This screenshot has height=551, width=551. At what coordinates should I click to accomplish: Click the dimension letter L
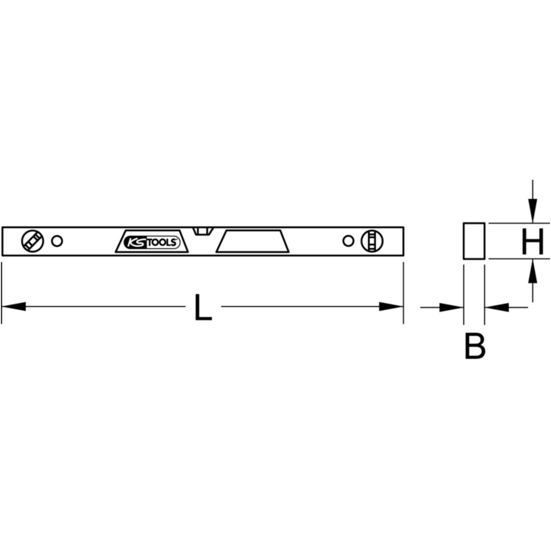pyautogui.click(x=203, y=307)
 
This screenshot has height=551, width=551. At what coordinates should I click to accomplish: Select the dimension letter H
pyautogui.click(x=533, y=242)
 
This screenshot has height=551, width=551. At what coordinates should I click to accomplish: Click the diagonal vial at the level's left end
pyautogui.click(x=32, y=241)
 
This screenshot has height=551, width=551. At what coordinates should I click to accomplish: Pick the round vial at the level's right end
pyautogui.click(x=370, y=241)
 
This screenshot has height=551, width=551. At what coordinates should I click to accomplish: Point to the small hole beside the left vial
pyautogui.click(x=57, y=241)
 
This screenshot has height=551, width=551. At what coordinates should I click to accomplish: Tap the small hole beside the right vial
pyautogui.click(x=348, y=241)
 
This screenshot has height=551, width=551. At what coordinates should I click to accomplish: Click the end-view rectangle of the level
pyautogui.click(x=474, y=242)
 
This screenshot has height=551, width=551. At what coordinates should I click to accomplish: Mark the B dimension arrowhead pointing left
pyautogui.click(x=497, y=307)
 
